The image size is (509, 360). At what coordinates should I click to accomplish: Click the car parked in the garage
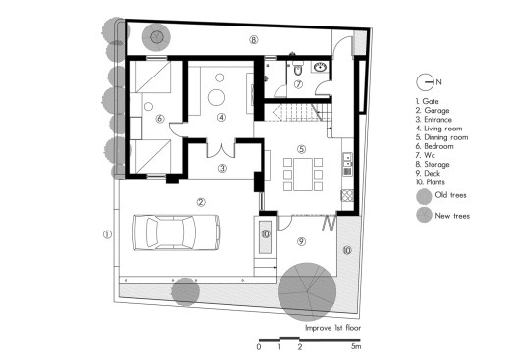(x=176, y=232)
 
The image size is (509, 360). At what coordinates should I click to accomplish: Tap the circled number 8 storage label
(x=254, y=40)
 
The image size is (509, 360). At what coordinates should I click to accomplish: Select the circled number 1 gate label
(x=107, y=234)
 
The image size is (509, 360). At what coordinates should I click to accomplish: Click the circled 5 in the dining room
(x=301, y=149)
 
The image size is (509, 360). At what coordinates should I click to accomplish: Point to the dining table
(x=303, y=175)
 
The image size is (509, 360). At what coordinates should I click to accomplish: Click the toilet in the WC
(x=298, y=69)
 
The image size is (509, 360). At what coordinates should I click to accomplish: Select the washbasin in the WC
(x=320, y=68)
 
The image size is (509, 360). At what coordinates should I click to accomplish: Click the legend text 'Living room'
(x=443, y=129)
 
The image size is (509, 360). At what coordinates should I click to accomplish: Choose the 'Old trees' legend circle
(x=424, y=196)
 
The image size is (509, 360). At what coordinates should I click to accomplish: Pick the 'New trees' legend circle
(x=424, y=215)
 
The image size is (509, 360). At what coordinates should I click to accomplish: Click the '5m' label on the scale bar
(x=356, y=346)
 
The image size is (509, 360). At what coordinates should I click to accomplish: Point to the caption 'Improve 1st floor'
(x=332, y=328)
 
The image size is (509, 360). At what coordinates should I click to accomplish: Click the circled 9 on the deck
(x=301, y=241)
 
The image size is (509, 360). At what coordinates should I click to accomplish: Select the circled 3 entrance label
(x=222, y=168)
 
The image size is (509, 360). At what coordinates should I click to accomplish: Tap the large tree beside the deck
(x=307, y=291)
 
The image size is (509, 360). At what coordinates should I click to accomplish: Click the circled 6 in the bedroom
(x=160, y=118)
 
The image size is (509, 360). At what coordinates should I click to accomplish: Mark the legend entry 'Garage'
(x=433, y=111)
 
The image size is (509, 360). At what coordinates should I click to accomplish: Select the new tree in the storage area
(x=156, y=37)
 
